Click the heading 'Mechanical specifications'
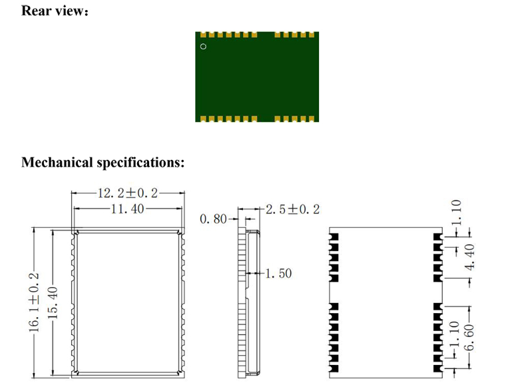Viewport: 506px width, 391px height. pos(103,162)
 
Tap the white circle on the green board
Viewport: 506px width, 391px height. pos(204,47)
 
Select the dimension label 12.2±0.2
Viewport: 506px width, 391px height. pos(128,193)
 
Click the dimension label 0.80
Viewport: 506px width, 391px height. pos(214,218)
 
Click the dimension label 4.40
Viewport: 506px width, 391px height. pos(469,256)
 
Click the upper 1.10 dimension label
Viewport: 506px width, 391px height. pos(455,212)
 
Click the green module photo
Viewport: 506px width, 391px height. pos(256,77)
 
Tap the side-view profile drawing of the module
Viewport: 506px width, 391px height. pos(248,303)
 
